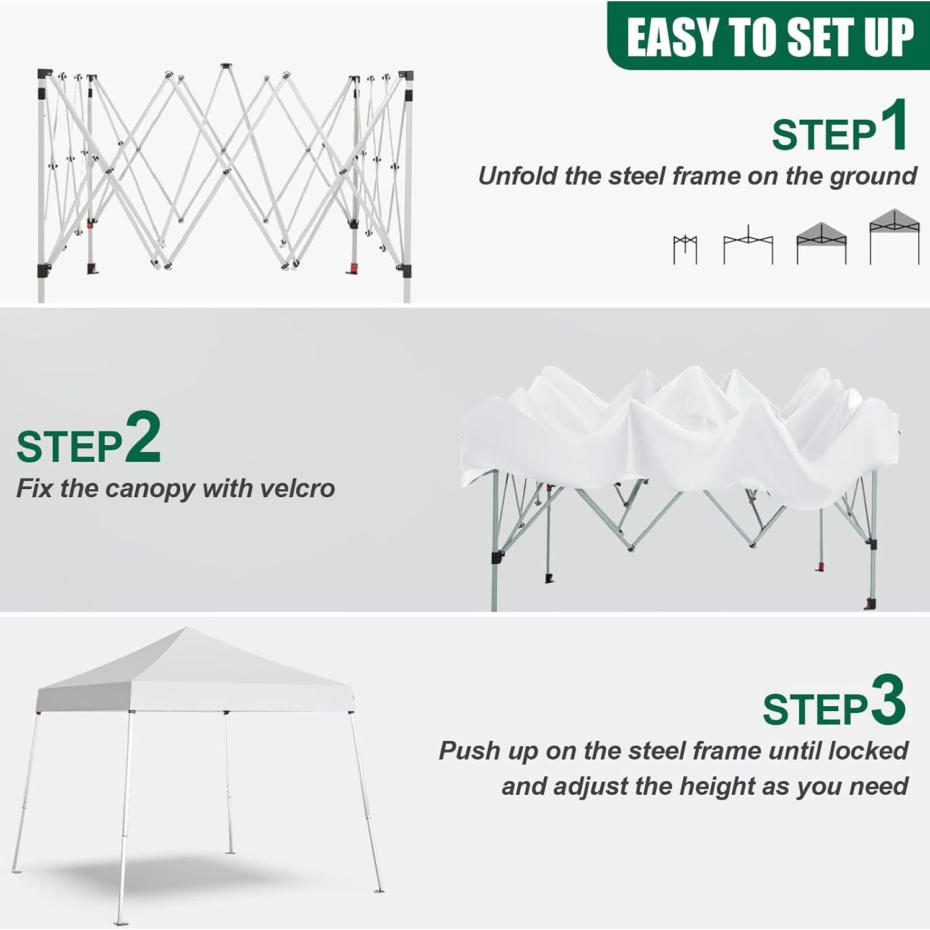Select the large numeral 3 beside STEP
click(x=888, y=700)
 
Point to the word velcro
click(x=298, y=489)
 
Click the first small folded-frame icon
click(x=685, y=249)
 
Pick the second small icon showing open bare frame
click(x=748, y=246)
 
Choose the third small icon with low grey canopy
click(x=821, y=243)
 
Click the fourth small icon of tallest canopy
click(x=894, y=236)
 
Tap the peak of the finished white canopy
click(x=186, y=629)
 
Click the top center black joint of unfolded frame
click(x=225, y=66)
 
